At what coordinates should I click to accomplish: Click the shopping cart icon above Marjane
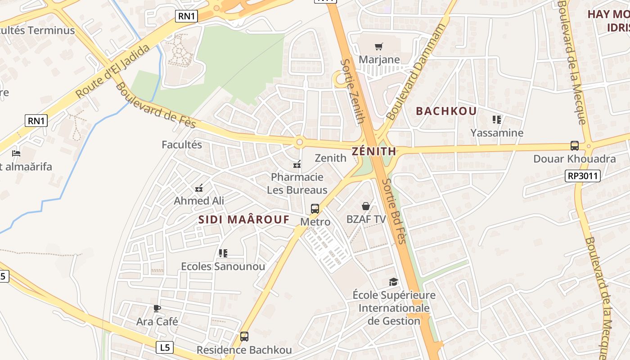coord(379,46)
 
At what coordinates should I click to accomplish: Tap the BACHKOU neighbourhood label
coord(446,111)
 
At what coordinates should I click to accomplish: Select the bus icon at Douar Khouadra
coord(575,146)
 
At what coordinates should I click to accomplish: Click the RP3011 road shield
coord(583,176)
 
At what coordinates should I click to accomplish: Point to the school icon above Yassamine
coord(497,120)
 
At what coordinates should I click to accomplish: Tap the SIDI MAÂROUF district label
coord(244,220)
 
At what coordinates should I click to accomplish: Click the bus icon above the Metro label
coord(315,209)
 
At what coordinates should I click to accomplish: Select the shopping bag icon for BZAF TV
coord(366,206)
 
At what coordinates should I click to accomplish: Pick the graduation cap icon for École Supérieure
coord(394,282)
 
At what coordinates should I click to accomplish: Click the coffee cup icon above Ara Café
coord(157,308)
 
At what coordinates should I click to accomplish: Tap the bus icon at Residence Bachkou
coord(244,336)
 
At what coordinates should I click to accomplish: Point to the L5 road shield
coord(164,347)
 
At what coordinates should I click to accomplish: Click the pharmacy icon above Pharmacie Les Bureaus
coord(297,164)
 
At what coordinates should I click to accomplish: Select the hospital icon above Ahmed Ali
coord(199,188)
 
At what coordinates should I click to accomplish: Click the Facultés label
coord(182,144)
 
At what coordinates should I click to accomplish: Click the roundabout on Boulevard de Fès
coord(299,143)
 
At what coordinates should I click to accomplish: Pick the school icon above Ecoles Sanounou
coord(223,253)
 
